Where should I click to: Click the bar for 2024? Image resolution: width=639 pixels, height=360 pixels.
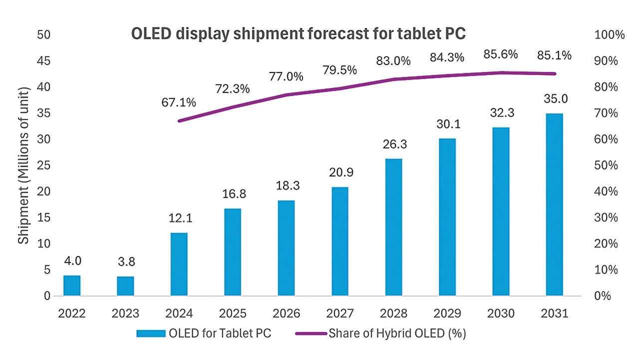coord(179,264)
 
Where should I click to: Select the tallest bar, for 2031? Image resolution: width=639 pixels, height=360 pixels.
coord(554,205)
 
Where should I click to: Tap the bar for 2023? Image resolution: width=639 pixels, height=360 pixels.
coord(125,286)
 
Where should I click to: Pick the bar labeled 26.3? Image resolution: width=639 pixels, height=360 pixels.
coord(393,227)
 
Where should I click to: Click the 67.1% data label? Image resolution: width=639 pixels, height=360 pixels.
coord(179,102)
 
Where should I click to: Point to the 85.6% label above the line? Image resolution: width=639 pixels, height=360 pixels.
coord(501,55)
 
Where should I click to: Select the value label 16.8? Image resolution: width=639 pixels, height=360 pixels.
coord(233,194)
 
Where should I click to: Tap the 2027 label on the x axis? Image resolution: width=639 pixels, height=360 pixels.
coord(340,314)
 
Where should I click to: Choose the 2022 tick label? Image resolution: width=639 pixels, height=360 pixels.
coord(71,314)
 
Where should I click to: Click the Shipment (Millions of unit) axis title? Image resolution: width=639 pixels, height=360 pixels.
coord(23,165)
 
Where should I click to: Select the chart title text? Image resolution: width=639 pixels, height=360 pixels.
coord(298,33)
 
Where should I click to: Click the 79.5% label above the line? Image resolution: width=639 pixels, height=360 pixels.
coord(340,70)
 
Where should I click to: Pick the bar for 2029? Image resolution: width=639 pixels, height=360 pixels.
coord(447,217)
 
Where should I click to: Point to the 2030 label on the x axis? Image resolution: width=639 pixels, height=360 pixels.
coord(501,314)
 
